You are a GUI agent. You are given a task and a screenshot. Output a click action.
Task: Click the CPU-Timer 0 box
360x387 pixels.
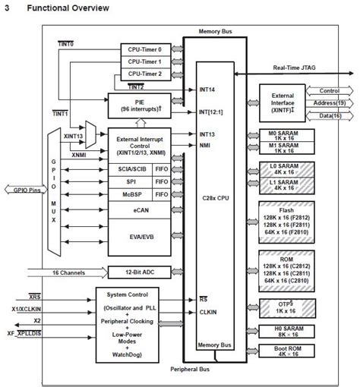coord(144,49)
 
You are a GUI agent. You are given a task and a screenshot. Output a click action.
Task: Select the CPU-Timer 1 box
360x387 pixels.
coord(144,61)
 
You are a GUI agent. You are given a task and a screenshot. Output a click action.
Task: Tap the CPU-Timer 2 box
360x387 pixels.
coord(144,74)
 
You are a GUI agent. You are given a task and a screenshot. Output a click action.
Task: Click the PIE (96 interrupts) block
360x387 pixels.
coord(139,105)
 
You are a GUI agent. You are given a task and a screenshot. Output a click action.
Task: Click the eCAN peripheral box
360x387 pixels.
coord(139,203)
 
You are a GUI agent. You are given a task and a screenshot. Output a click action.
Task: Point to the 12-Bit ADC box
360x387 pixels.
coord(139,271)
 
